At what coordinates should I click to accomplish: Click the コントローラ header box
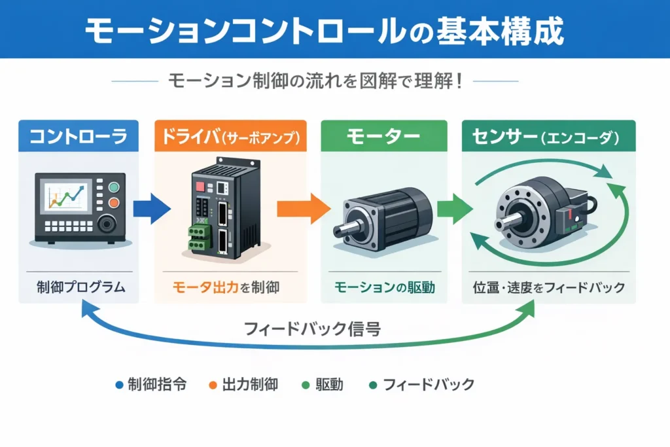79,137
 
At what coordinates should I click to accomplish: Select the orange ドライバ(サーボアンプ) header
230,137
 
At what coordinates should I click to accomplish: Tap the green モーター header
383,137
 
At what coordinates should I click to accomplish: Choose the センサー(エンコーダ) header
548,137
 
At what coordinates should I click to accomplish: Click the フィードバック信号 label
312,329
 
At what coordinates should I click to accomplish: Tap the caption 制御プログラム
78,287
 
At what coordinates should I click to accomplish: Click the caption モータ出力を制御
230,287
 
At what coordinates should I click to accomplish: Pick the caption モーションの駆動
383,287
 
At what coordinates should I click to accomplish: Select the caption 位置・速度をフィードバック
548,287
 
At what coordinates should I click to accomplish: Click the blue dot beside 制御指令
118,385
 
